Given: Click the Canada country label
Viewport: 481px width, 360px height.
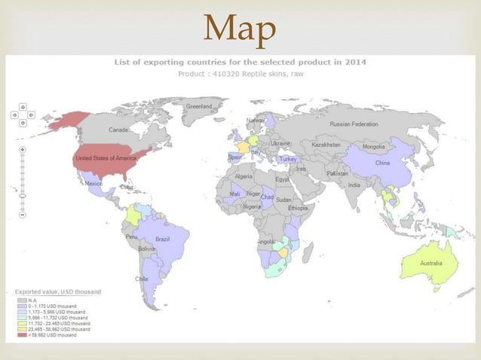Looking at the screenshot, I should point(120,130).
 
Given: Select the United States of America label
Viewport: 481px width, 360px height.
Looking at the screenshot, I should point(106,157).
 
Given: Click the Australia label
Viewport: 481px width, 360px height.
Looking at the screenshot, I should point(431,264).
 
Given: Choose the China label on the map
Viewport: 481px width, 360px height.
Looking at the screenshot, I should point(382,163).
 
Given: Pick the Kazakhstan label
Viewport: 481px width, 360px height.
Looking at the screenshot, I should point(326,144).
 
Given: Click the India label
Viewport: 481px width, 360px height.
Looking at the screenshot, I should point(354,185).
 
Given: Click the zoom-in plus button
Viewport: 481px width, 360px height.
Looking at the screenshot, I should point(22,150).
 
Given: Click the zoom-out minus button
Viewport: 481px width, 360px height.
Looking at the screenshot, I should point(22,215).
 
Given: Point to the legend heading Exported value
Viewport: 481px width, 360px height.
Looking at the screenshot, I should point(58,291).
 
